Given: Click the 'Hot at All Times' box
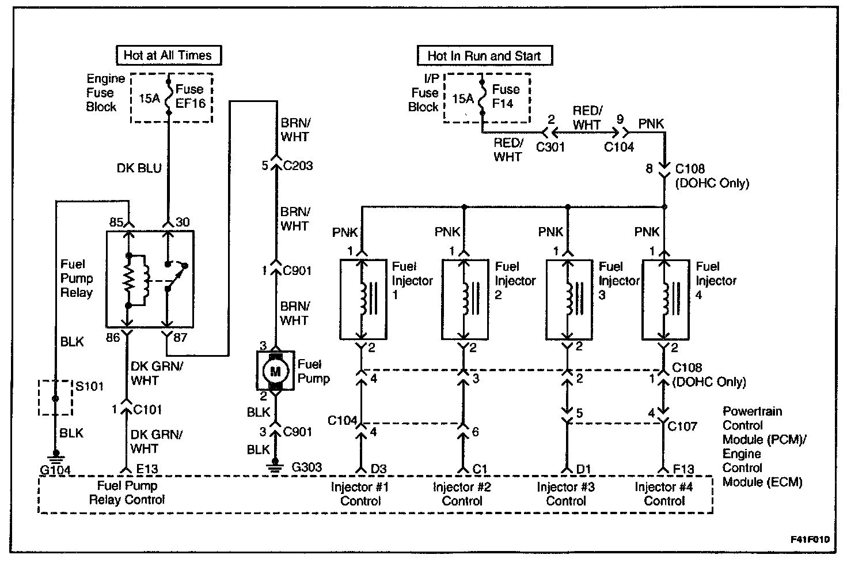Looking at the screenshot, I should coord(168,55).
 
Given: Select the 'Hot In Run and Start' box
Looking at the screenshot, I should coord(484,56).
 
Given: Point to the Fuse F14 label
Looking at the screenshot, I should coord(506,96).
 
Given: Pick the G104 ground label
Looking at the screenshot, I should coord(55,470).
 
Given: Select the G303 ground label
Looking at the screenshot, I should coord(306,467).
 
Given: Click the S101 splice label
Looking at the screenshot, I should coord(89,386).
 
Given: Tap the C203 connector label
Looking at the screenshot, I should coord(298,166).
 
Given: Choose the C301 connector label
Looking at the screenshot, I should coord(550,147).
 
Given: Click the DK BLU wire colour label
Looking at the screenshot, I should coord(140,168).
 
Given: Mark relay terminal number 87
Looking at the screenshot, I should coord(180,337).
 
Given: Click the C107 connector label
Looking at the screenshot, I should coord(682,427).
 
